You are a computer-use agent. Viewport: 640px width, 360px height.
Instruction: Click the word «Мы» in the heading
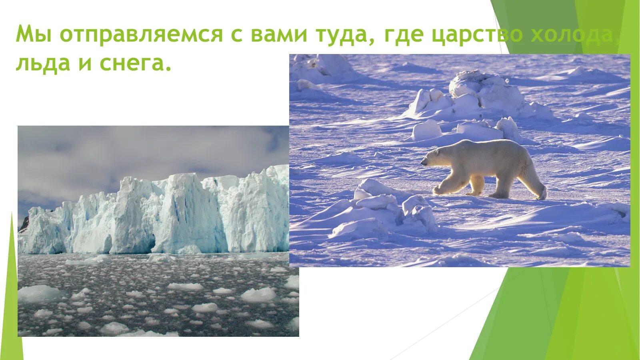tap(34, 34)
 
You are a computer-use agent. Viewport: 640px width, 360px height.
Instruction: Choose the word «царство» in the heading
tap(477, 35)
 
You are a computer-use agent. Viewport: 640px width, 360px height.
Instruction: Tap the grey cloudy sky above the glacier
tap(120, 152)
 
